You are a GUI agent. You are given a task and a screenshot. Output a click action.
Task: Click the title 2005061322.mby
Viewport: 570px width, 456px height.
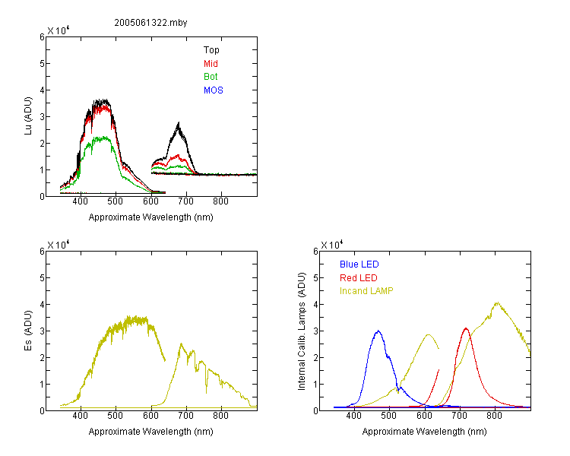150,23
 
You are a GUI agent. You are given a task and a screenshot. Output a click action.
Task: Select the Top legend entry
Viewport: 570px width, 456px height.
211,50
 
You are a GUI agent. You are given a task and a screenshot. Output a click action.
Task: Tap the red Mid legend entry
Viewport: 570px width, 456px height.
211,64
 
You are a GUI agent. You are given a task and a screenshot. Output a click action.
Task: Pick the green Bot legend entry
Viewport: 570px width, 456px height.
211,77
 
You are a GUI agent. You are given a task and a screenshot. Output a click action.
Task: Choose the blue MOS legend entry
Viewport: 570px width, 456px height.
214,90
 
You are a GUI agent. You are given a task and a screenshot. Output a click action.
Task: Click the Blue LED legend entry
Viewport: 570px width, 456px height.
359,264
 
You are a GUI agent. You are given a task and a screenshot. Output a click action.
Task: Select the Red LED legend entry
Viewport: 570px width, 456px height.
359,278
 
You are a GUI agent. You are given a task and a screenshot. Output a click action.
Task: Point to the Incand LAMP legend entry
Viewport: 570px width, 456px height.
366,291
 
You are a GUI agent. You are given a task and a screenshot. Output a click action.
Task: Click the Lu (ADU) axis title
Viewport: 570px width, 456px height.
28,116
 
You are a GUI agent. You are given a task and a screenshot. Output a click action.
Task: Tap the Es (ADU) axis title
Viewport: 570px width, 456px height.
28,331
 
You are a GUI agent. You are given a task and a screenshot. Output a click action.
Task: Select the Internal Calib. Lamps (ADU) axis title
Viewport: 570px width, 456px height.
302,331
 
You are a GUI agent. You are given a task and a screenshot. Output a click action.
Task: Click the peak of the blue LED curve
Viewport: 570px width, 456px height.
378,331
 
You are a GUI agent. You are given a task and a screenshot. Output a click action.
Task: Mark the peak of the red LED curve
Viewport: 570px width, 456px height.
466,328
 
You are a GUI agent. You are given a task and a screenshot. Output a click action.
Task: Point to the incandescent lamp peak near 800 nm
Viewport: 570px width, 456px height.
497,302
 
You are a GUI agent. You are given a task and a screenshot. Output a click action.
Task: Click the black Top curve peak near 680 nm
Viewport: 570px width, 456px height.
179,123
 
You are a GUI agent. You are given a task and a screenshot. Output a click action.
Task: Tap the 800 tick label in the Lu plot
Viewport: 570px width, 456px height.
220,201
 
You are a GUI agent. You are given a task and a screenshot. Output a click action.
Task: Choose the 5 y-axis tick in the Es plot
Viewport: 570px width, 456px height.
42,278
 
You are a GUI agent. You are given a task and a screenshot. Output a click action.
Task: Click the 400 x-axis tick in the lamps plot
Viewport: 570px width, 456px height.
354,416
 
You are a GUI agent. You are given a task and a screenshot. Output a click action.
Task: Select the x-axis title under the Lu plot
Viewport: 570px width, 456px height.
151,217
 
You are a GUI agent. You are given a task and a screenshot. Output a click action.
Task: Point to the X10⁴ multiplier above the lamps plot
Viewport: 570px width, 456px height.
332,245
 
